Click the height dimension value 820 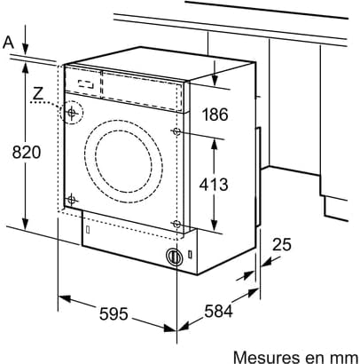26,153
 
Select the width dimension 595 113,313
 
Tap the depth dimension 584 218,311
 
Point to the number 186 215,115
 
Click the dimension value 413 214,185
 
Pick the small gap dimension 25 281,244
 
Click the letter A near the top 9,43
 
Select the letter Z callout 38,94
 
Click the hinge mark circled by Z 71,113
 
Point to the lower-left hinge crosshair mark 71,200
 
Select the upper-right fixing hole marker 176,131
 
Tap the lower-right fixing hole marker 176,224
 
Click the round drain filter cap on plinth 175,257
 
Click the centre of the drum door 123,157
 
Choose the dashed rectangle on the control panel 86,84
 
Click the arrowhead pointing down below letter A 26,48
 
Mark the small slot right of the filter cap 190,254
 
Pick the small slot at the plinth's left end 88,229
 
